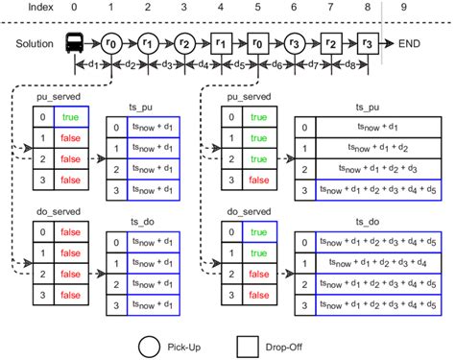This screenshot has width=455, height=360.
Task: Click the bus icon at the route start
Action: click(x=75, y=42)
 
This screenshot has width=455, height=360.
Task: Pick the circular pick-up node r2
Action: click(x=183, y=42)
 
